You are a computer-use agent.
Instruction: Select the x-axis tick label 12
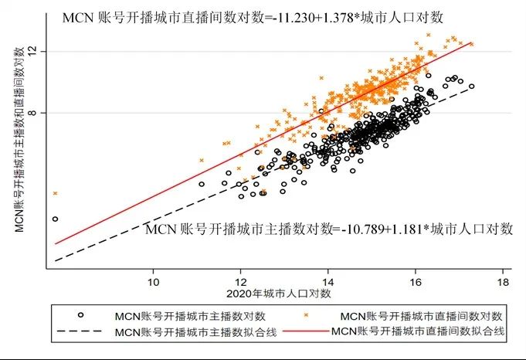(241, 281)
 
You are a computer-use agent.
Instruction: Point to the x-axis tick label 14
(328, 281)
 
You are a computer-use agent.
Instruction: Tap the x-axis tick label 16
(416, 281)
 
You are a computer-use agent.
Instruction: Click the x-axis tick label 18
(504, 281)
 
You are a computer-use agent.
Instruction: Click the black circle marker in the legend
(80, 316)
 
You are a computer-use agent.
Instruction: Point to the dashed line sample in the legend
(80, 331)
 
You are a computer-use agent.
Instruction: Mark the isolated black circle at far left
(55, 219)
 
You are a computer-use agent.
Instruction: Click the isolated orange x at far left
(55, 193)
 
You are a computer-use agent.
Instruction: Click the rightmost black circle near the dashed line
(471, 87)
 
